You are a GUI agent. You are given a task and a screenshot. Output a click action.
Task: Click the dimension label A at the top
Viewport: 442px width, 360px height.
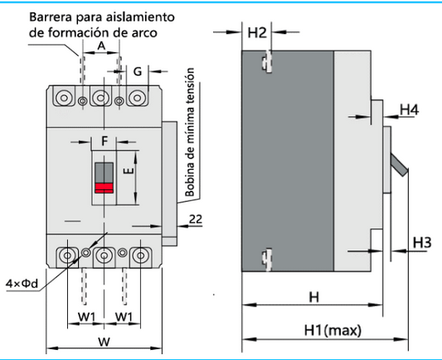point(101,48)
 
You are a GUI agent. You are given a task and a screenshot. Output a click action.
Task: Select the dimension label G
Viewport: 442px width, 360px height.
point(138,72)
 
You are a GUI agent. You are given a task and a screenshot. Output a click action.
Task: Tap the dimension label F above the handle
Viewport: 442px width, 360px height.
point(104,142)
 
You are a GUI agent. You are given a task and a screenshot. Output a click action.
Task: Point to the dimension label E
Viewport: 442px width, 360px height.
point(127,173)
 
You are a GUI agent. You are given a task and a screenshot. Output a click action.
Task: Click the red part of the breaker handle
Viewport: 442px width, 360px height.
point(104,187)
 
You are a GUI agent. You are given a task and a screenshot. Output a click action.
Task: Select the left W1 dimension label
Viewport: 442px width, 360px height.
point(87,317)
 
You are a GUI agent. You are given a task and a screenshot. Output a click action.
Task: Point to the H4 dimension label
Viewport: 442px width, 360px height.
point(409,109)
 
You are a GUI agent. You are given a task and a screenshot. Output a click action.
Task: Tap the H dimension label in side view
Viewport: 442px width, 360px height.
point(313,297)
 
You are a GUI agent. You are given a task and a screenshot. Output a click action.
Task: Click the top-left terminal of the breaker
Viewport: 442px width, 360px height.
point(64,98)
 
